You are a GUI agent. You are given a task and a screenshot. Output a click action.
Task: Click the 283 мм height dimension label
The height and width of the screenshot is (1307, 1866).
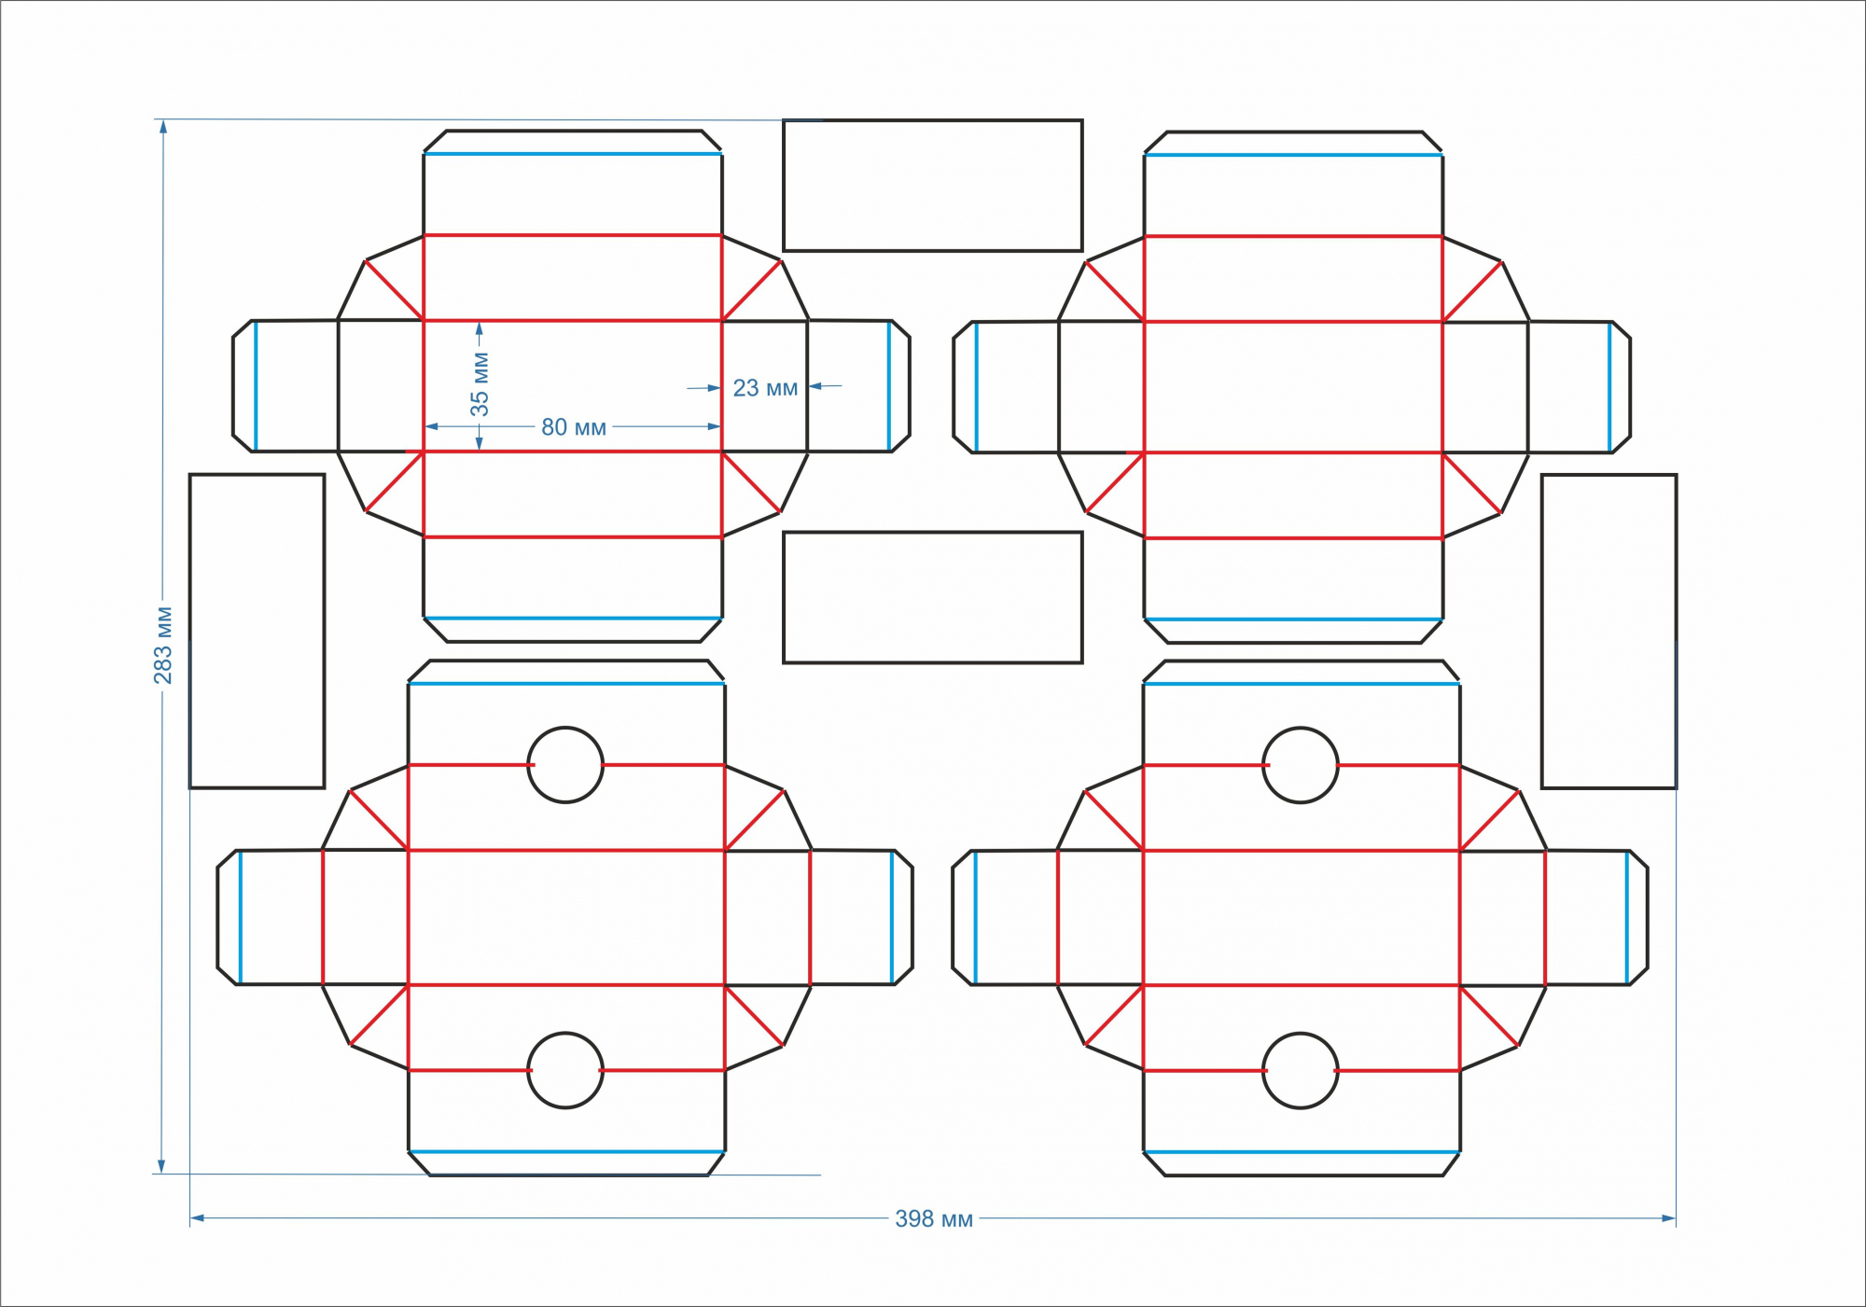click(163, 645)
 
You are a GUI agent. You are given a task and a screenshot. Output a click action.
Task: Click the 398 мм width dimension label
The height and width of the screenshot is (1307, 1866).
click(934, 1218)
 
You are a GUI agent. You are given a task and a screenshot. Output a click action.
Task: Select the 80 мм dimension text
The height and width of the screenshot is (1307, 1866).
click(574, 427)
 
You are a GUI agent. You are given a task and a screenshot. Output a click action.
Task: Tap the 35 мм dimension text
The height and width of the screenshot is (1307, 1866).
click(480, 383)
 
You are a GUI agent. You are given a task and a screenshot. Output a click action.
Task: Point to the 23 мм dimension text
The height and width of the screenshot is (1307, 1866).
click(765, 388)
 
